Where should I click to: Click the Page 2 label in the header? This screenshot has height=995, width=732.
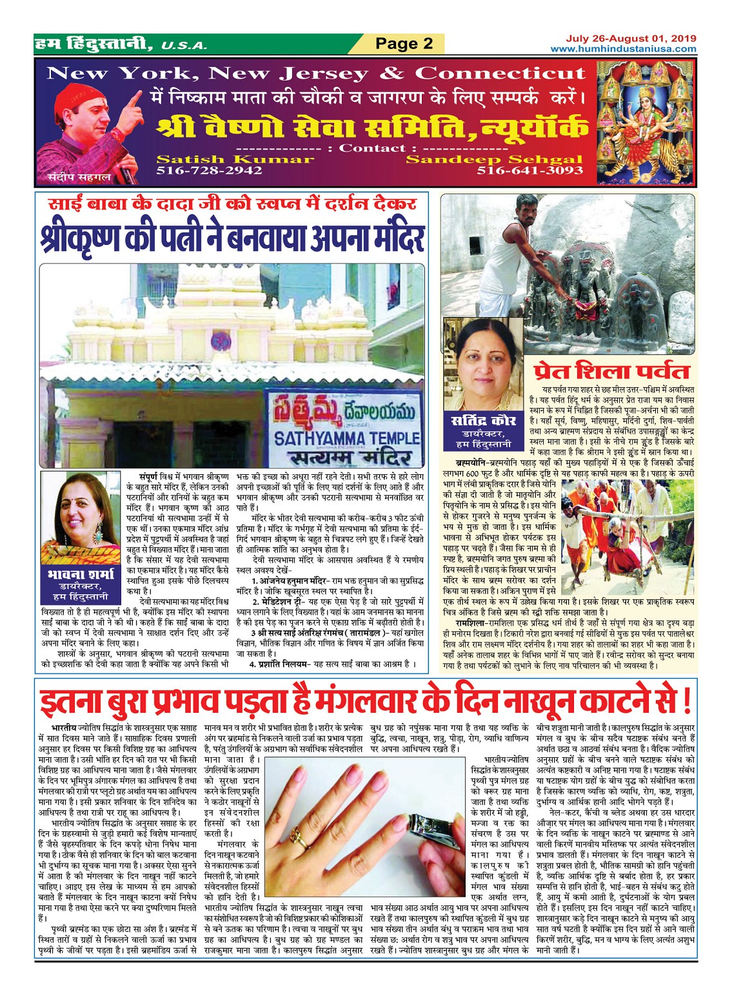click(x=404, y=43)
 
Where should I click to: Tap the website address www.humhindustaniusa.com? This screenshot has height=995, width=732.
click(x=623, y=49)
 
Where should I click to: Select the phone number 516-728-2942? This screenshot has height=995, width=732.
click(x=209, y=170)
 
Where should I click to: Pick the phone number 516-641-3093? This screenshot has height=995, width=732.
click(x=529, y=171)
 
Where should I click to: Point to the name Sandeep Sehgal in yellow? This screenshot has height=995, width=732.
click(x=494, y=159)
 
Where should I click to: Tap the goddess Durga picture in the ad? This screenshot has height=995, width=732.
click(x=645, y=122)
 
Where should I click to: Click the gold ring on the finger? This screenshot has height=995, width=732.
click(x=301, y=836)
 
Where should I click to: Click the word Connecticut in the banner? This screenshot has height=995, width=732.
click(x=500, y=73)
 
